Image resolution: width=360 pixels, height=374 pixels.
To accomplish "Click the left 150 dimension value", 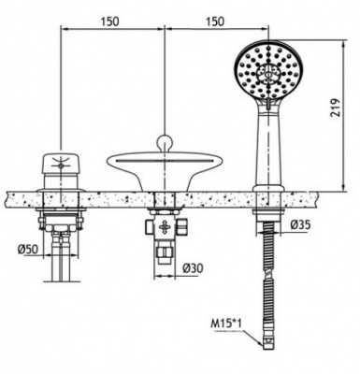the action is (x=109, y=22).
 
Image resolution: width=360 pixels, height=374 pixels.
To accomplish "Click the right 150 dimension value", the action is (x=214, y=22).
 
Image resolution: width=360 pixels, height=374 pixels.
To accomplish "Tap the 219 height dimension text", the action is (x=336, y=108).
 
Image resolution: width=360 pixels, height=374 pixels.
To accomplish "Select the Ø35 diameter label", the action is (x=299, y=224).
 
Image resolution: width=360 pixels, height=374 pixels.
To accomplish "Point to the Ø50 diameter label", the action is (x=28, y=249).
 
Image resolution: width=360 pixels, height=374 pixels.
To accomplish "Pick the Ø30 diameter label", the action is (x=193, y=267).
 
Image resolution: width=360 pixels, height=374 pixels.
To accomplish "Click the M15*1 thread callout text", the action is (x=226, y=324).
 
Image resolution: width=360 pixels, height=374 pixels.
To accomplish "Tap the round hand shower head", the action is (x=267, y=70).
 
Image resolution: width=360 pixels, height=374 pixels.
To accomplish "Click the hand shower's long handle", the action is (x=268, y=143).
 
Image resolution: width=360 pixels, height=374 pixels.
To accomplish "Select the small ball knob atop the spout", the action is (x=165, y=142).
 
